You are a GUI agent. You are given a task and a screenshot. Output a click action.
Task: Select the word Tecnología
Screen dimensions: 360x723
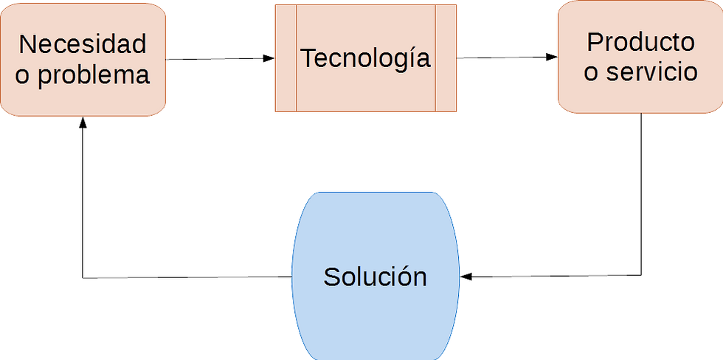coord(365,58)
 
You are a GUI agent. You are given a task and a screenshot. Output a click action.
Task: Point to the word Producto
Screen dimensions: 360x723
coord(640,41)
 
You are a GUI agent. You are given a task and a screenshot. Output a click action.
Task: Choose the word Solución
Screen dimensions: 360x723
coord(375,277)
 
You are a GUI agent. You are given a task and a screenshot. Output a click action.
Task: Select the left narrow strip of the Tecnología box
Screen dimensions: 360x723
coord(286,58)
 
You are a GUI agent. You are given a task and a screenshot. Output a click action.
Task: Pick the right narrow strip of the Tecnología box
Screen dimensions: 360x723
coord(446,58)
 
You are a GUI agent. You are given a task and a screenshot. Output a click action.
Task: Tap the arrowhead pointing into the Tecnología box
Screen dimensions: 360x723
coord(269,58)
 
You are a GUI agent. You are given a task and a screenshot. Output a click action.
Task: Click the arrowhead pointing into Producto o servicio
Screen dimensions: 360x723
coord(550,57)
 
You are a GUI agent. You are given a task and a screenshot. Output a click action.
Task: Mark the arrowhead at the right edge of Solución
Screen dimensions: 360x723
coord(467,277)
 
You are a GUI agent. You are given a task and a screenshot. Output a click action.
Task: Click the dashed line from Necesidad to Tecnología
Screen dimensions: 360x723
coord(214,58)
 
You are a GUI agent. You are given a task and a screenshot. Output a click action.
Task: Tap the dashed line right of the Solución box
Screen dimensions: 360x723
coord(561,276)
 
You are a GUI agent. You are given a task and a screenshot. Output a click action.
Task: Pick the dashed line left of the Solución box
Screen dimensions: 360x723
coord(184,277)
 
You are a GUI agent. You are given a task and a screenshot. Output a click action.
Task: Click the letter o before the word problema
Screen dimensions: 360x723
coord(23,75)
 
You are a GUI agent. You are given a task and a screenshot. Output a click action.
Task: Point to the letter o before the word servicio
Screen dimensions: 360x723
coord(591,73)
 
